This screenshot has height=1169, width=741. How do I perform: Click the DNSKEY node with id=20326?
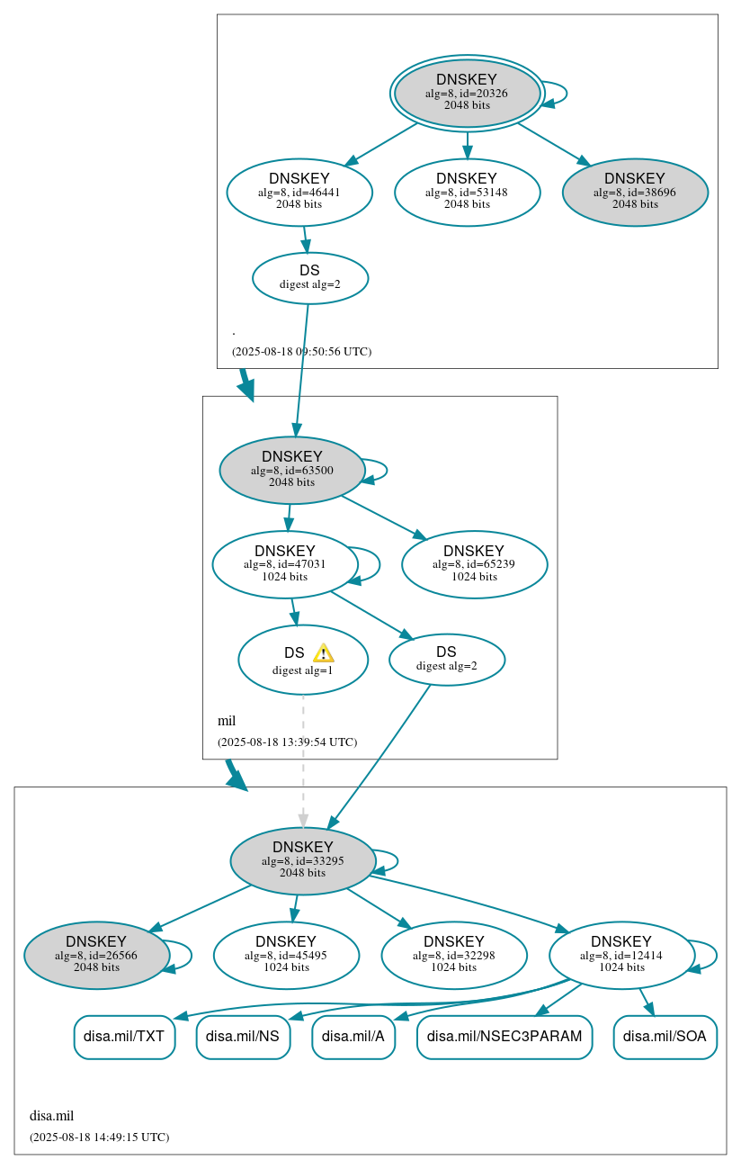click(x=467, y=93)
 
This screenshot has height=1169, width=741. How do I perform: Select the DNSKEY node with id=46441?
click(x=299, y=192)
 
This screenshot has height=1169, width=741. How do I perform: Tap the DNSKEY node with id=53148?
click(x=467, y=192)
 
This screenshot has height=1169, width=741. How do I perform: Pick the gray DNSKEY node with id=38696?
click(x=635, y=192)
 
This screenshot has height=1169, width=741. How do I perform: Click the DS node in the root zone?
click(x=309, y=277)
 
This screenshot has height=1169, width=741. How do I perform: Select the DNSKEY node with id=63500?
click(x=291, y=470)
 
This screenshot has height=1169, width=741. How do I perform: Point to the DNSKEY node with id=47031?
click(x=284, y=564)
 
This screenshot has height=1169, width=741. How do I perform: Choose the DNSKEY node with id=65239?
click(x=474, y=564)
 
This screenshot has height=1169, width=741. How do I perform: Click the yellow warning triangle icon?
click(x=323, y=653)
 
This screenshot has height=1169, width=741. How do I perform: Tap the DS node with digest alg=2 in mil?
click(x=446, y=659)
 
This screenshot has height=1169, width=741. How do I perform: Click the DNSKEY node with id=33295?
click(x=302, y=861)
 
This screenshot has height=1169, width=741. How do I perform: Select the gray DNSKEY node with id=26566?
click(x=96, y=955)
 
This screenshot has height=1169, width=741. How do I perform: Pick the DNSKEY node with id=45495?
click(x=286, y=955)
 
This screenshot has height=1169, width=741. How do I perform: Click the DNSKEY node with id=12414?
click(x=620, y=955)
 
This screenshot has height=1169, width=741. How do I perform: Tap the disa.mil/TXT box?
click(x=124, y=1037)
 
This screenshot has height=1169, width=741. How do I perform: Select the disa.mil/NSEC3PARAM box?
click(x=504, y=1037)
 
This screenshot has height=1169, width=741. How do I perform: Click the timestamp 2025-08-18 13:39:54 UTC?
click(x=287, y=742)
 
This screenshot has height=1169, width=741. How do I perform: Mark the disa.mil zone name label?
click(x=51, y=1116)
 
